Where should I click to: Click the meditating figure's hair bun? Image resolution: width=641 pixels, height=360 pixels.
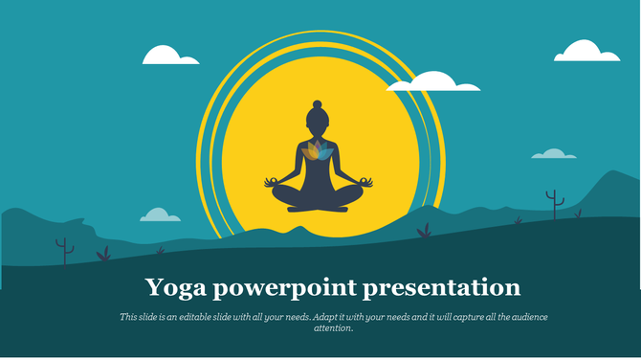pyautogui.click(x=318, y=102)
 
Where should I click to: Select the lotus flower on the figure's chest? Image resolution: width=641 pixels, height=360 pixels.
pyautogui.click(x=318, y=151)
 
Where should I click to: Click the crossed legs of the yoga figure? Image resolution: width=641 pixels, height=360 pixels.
pyautogui.click(x=318, y=197)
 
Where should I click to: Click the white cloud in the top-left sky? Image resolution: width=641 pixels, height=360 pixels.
pyautogui.click(x=170, y=56)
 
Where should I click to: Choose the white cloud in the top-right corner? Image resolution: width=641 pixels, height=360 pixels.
pyautogui.click(x=586, y=51)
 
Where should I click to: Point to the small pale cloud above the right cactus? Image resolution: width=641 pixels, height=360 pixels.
pyautogui.click(x=554, y=153)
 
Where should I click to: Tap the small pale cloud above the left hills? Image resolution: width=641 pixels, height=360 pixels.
pyautogui.click(x=160, y=214)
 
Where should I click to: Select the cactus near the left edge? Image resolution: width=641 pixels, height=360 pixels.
pyautogui.click(x=64, y=251)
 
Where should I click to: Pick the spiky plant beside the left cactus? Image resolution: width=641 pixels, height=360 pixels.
pyautogui.click(x=103, y=255)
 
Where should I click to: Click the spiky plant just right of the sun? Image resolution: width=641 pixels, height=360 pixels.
pyautogui.click(x=424, y=231)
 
